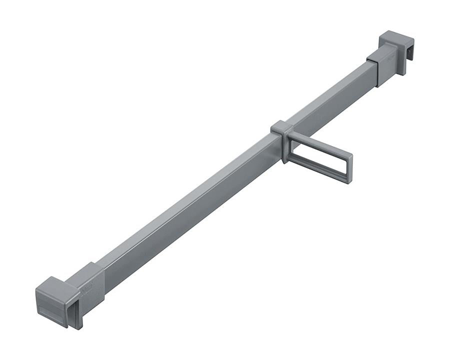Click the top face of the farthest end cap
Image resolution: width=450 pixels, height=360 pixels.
(395, 38)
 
